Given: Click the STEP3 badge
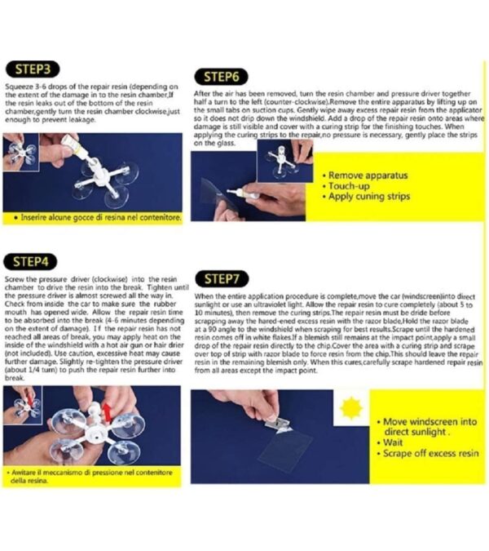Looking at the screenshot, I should (x=33, y=70).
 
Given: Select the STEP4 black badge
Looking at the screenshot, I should (x=33, y=262).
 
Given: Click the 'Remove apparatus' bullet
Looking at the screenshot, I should (x=367, y=176).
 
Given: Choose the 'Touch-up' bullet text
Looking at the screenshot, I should (x=350, y=186).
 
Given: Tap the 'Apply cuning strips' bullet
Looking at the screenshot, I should (x=372, y=197).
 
